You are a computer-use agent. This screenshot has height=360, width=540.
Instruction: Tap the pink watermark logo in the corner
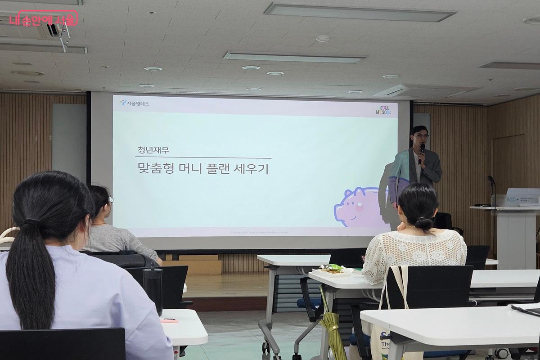pos(43,18)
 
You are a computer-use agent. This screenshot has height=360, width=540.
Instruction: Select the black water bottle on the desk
pos(153,288)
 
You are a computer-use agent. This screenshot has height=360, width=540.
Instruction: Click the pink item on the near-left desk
pos(169,320)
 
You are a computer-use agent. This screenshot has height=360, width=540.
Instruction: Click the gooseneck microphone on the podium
pos(492,184)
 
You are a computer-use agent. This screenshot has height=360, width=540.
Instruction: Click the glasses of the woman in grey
pos(110,199)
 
